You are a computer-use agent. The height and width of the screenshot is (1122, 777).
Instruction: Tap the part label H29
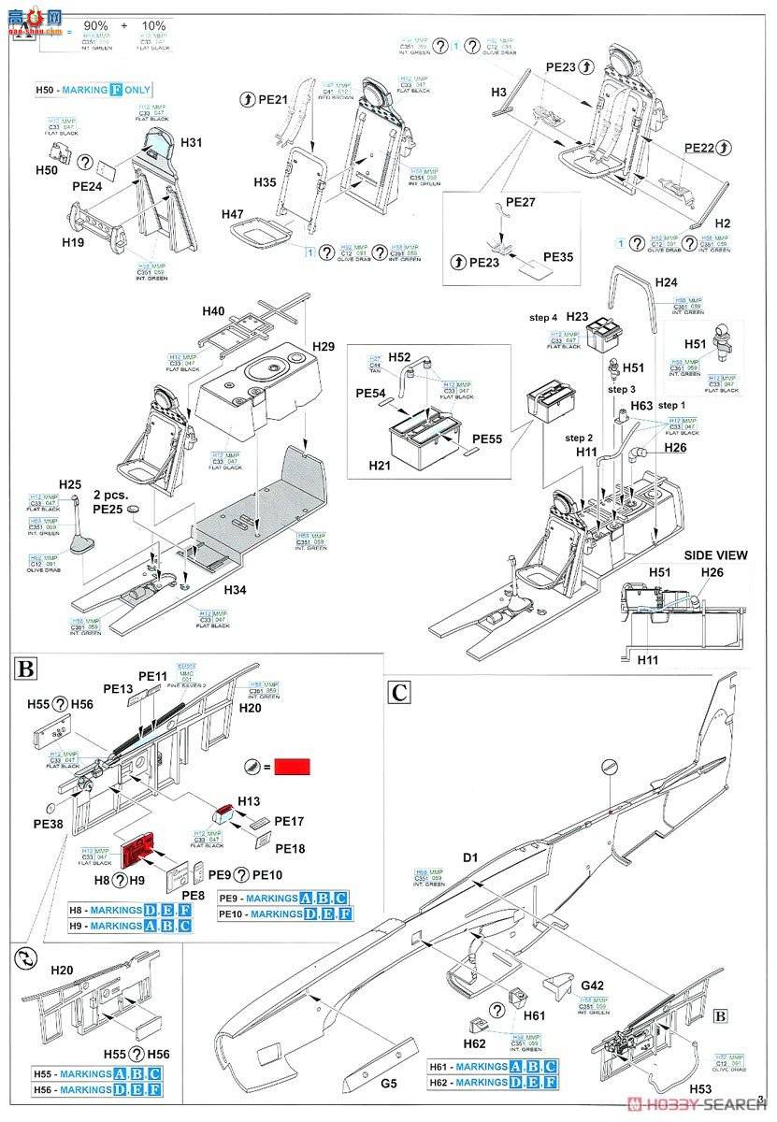pos(324,347)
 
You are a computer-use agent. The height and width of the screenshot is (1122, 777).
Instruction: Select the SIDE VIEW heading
pos(716,554)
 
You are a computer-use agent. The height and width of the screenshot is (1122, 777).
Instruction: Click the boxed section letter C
pos(400,692)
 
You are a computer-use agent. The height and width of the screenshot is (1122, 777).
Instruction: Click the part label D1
pos(469,856)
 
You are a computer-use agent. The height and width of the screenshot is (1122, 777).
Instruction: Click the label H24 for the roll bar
pos(666,281)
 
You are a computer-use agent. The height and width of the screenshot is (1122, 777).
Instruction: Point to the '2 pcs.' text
pos(110,494)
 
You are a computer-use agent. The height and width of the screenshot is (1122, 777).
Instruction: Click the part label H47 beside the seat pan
pos(233,214)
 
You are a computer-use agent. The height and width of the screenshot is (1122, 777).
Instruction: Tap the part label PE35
pos(558,256)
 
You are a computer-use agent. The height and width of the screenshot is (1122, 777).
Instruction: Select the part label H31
pos(192,142)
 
